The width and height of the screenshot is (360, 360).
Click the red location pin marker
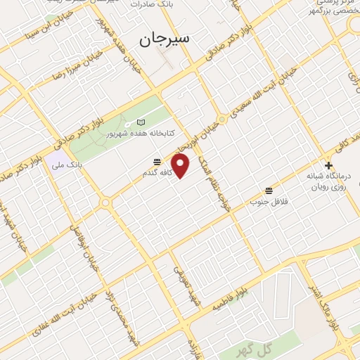(181, 166)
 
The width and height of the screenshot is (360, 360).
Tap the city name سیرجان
(169, 39)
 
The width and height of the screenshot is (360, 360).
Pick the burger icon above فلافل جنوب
(269, 191)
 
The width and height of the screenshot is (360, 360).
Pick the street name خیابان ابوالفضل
(84, 246)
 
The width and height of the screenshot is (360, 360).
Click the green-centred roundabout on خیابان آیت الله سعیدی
(222, 119)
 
